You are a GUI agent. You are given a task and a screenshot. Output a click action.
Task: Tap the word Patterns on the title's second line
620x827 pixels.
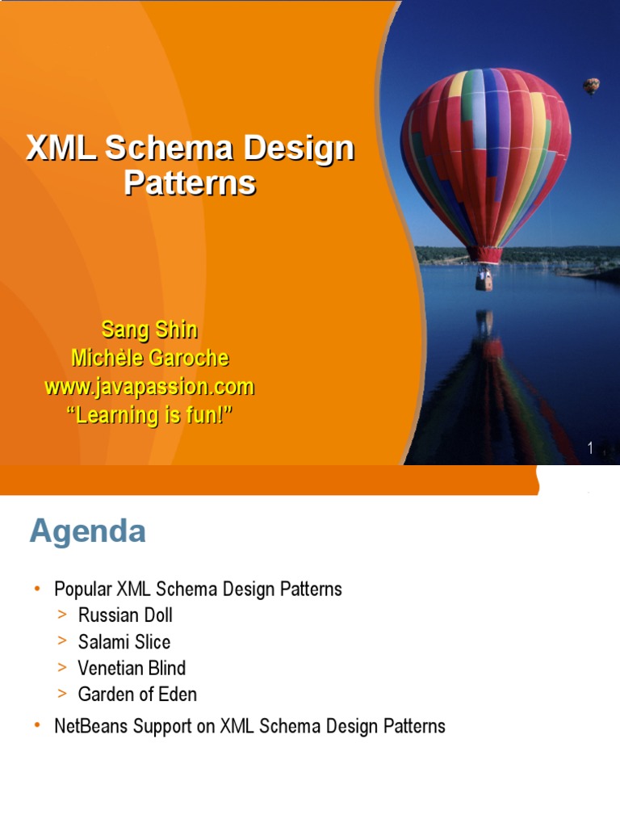pos(190,183)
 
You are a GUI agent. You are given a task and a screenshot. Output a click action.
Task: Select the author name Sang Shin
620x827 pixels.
pos(149,330)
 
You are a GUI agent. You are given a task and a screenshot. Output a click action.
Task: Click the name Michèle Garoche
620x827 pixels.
pos(149,358)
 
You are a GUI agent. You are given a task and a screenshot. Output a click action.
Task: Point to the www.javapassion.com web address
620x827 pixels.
pos(149,387)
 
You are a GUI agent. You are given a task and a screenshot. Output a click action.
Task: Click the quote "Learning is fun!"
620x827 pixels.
pos(149,415)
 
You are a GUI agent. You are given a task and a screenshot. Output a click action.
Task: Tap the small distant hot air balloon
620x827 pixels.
pos(592,85)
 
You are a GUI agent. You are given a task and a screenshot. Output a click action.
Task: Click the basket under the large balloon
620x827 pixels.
pos(484,281)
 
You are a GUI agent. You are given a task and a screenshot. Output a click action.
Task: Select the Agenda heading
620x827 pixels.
pos(88,532)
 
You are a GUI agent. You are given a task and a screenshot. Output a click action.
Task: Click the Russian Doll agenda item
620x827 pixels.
pos(125,615)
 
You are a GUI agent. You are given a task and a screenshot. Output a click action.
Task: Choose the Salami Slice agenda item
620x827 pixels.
pos(124,642)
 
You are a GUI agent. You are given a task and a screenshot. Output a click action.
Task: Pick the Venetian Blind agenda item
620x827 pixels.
pos(132,668)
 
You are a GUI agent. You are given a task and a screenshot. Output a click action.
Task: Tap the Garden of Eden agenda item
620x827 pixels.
pos(137,694)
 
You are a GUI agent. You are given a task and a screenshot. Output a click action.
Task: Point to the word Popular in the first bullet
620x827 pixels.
pos(82,590)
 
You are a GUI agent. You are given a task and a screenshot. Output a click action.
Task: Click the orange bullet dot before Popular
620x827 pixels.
pos(37,590)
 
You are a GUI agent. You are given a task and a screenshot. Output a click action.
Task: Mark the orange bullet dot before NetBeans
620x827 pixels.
pos(37,726)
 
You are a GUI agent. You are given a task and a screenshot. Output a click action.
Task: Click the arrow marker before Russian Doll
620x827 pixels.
pos(62,615)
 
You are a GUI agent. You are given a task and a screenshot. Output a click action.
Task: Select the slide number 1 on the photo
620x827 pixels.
pos(591,448)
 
